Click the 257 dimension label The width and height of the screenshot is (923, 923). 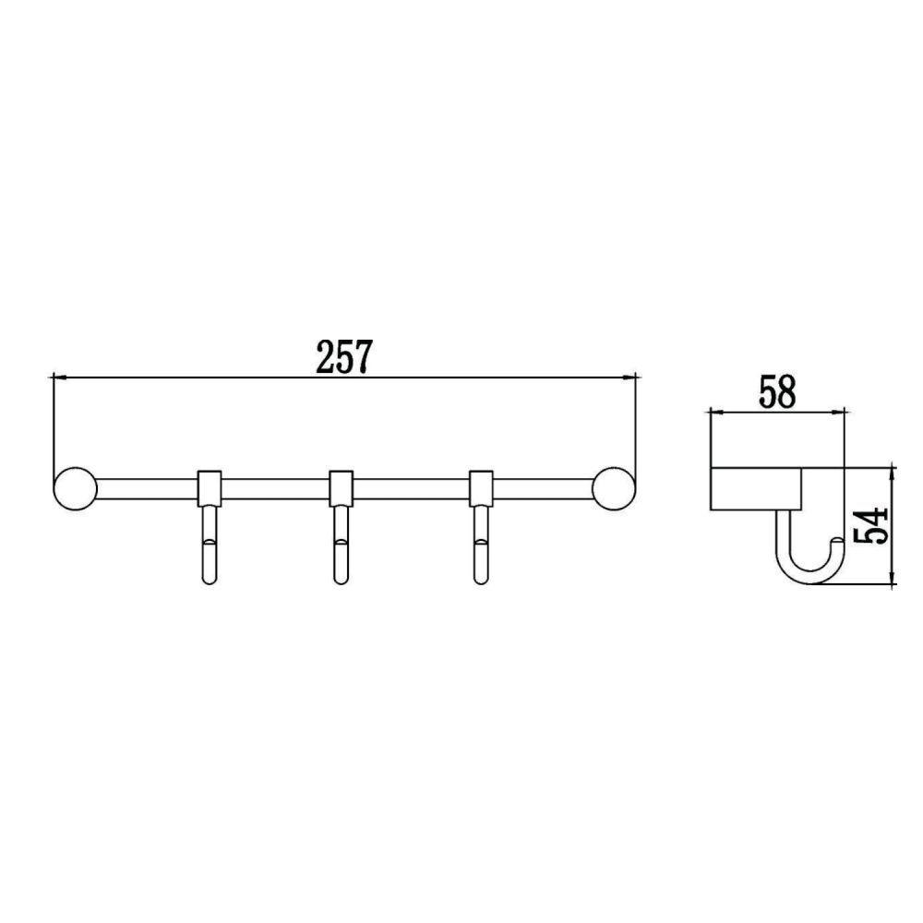[x=343, y=357]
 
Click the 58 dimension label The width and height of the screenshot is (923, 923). [x=776, y=391]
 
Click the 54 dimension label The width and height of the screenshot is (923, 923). [x=872, y=527]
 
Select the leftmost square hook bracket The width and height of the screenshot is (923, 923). [x=210, y=487]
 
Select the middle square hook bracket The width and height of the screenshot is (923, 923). [x=342, y=487]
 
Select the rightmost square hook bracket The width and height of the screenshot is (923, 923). [x=481, y=487]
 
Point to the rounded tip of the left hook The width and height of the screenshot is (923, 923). [x=210, y=577]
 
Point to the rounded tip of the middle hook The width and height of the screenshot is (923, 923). [x=342, y=577]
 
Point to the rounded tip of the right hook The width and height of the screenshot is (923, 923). [x=481, y=577]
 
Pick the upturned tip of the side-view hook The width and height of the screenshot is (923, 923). [x=835, y=543]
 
